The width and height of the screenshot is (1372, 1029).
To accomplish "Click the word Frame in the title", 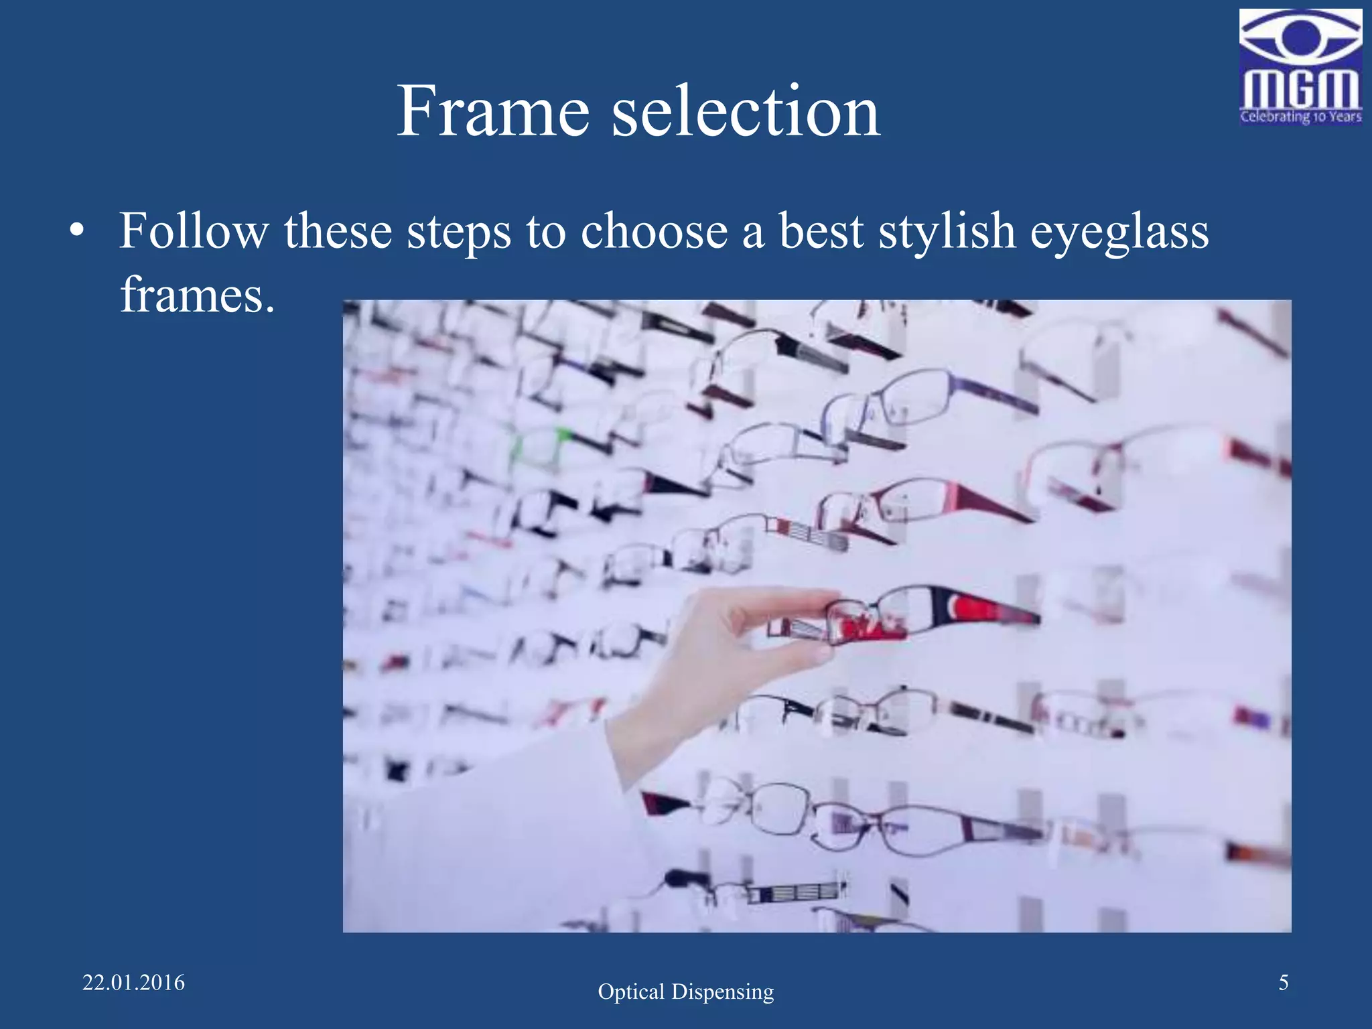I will click(493, 111).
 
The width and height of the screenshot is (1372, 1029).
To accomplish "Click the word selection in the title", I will click(746, 111).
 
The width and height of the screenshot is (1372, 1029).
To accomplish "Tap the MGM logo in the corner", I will click(1300, 67).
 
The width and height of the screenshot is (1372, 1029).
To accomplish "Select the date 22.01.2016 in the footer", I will click(133, 983).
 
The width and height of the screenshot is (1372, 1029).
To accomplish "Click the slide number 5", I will click(1284, 983).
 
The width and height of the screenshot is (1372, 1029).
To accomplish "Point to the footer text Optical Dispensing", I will click(685, 991).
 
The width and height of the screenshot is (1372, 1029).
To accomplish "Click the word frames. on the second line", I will click(198, 295).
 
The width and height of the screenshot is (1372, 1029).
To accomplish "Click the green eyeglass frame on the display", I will click(539, 448).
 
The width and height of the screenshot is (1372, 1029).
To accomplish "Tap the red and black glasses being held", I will click(924, 613).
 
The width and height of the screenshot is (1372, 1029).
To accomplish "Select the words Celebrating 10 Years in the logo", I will click(1300, 117).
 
